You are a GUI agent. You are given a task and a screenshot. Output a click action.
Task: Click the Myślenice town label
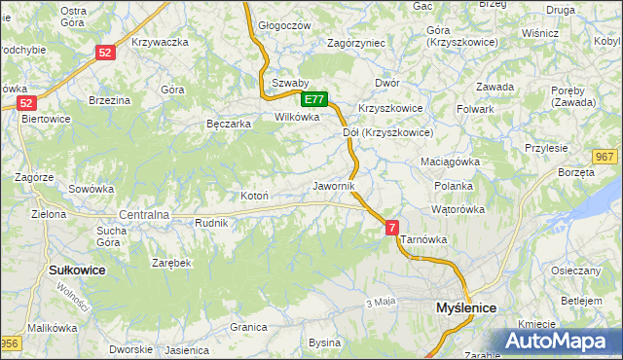click(x=462, y=307)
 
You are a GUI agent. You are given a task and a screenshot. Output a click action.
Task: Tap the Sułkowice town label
click(x=76, y=270)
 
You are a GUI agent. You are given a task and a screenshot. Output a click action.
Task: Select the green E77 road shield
click(x=314, y=99)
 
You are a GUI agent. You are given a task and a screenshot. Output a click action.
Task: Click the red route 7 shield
click(x=392, y=227)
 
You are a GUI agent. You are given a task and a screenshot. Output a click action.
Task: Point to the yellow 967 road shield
click(x=605, y=157)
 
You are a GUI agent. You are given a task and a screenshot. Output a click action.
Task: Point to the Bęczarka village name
click(x=230, y=125)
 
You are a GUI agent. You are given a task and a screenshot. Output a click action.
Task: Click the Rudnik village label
click(x=211, y=223)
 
